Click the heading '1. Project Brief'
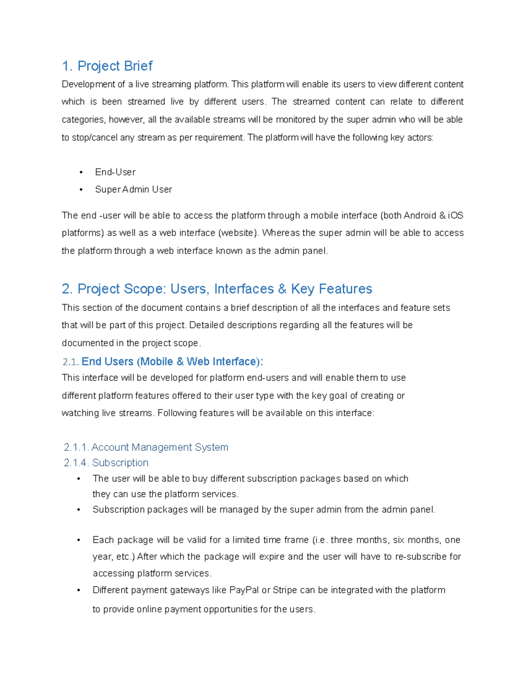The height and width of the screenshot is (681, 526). click(107, 66)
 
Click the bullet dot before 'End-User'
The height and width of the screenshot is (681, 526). click(81, 172)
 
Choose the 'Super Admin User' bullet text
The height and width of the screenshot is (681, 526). click(133, 189)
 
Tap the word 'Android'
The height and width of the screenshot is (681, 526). click(419, 215)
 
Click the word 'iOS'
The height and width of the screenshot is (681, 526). click(455, 215)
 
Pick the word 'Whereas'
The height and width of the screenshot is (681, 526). click(281, 233)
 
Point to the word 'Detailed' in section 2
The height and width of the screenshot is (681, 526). click(206, 325)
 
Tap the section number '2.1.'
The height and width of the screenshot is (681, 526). click(71, 362)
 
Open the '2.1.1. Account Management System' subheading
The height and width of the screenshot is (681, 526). click(146, 447)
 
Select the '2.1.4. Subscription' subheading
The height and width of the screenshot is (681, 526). click(106, 463)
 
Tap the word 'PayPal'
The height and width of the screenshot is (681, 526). click(244, 590)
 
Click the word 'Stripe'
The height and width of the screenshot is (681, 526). click(285, 590)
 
